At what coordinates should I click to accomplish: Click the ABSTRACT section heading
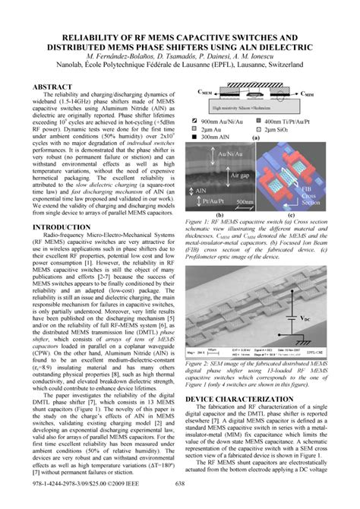[x=54, y=87]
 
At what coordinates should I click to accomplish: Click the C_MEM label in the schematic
[x=204, y=91]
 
